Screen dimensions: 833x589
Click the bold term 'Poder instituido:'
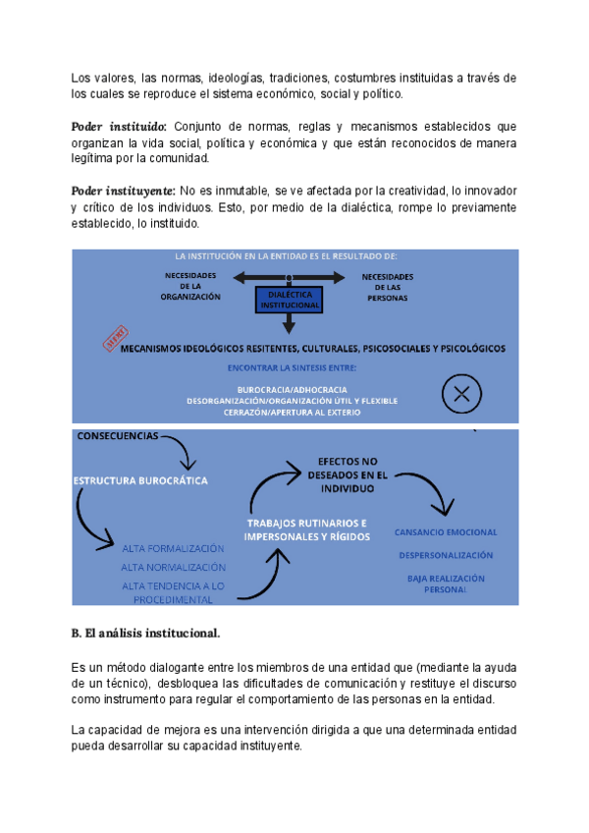pyautogui.click(x=119, y=127)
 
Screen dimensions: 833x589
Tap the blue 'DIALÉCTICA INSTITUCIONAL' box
pyautogui.click(x=291, y=300)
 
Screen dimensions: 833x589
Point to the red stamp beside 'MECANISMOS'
pyautogui.click(x=115, y=338)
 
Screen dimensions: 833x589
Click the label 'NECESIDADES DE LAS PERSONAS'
pyautogui.click(x=388, y=286)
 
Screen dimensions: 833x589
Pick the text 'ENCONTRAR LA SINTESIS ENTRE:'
pyautogui.click(x=292, y=368)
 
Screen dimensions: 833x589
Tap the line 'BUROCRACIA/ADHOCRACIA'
pyautogui.click(x=292, y=389)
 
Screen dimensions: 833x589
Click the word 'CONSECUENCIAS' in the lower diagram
pyautogui.click(x=117, y=436)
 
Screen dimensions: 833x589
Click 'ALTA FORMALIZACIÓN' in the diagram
pyautogui.click(x=174, y=548)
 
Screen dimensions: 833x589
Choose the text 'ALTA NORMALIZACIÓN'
pyautogui.click(x=174, y=567)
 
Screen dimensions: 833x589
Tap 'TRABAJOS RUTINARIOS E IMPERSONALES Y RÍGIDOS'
pyautogui.click(x=307, y=530)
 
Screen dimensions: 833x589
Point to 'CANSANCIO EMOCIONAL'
pyautogui.click(x=446, y=532)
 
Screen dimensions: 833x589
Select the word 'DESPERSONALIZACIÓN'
pyautogui.click(x=446, y=555)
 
